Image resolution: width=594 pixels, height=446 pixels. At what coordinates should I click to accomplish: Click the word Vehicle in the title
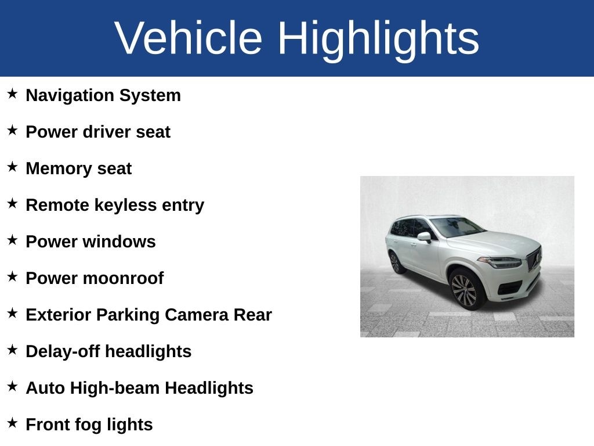pos(189,38)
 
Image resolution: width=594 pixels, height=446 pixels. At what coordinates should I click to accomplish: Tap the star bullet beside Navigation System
pos(13,93)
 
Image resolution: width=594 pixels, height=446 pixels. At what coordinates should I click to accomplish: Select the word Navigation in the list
pos(70,96)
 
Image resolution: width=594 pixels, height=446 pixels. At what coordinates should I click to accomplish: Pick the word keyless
pos(125,205)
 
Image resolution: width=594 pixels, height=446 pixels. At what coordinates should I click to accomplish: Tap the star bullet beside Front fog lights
pos(13,423)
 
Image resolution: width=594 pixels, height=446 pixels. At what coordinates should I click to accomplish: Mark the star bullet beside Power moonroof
pos(13,276)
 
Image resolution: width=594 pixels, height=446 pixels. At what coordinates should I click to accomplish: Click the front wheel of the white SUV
pos(464,290)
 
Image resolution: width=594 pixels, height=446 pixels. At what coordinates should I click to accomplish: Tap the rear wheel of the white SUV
pos(394,263)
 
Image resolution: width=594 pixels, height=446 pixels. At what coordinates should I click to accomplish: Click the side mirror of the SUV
pos(424,237)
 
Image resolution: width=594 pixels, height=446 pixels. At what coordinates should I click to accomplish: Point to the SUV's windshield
pos(457,226)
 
